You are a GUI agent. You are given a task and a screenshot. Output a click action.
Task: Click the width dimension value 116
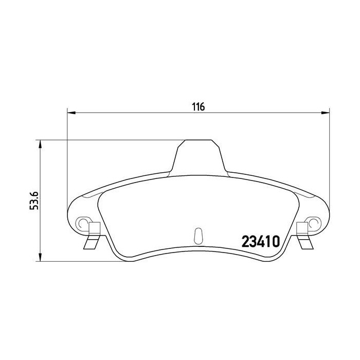199,107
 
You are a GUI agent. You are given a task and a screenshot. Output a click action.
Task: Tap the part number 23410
260,241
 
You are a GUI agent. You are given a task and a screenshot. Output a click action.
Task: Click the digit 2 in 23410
245,241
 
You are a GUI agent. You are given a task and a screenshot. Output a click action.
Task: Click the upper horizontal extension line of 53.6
103,140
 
